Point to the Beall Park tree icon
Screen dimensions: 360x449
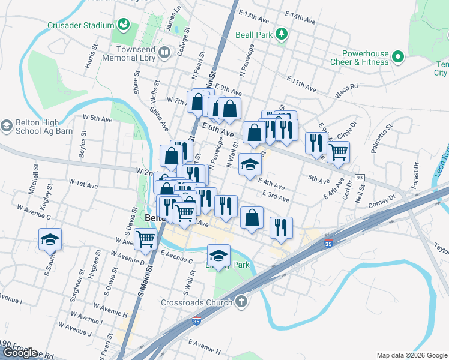pos(281,35)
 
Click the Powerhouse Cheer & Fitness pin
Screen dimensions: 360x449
pos(397,58)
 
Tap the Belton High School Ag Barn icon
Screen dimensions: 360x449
pos(7,126)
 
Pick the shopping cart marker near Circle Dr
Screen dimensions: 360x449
pos(339,152)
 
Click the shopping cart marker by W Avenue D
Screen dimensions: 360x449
pos(146,238)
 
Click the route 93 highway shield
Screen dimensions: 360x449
pos(360,178)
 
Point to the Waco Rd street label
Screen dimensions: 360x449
pos(346,86)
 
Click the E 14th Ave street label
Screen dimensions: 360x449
pos(300,17)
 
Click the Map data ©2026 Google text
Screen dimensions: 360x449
pos(411,355)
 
